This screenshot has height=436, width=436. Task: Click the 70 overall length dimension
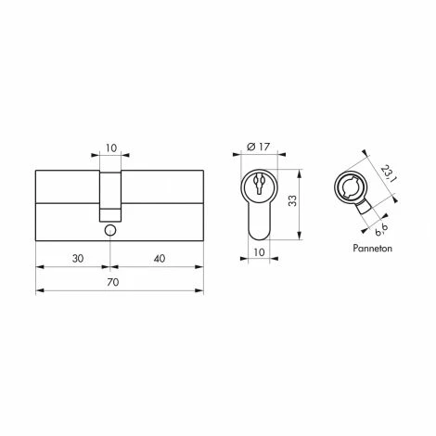tap(113, 282)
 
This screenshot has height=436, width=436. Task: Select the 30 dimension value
tap(78, 258)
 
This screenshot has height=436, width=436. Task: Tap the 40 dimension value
tap(160, 258)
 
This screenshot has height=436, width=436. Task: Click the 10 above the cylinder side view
tap(111, 148)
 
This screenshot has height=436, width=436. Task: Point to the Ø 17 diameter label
tap(259, 147)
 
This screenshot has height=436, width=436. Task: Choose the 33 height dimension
tap(292, 200)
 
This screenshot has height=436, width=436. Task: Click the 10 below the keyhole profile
tap(259, 252)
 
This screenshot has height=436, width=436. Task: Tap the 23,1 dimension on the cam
tap(387, 173)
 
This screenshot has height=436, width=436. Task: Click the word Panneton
tap(372, 249)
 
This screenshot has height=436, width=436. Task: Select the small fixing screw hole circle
tap(110, 231)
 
